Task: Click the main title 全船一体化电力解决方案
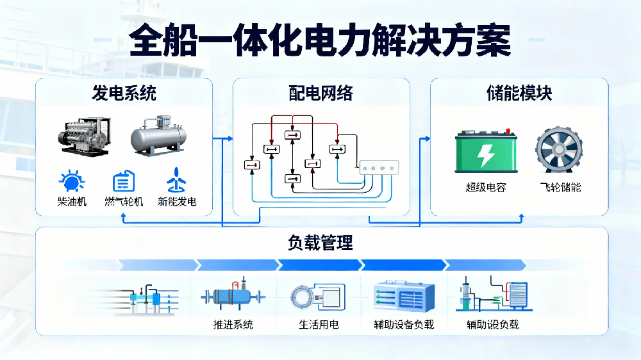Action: (320, 43)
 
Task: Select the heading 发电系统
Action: (124, 94)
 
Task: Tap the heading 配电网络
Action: (320, 94)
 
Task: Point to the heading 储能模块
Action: (519, 94)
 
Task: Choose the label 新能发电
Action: (177, 202)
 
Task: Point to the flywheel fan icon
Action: (559, 152)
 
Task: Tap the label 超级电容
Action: (485, 188)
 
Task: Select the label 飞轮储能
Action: (560, 188)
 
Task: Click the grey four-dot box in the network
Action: (379, 168)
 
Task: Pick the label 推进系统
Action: (233, 325)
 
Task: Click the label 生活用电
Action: (319, 325)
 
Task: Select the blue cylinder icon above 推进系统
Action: (232, 297)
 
